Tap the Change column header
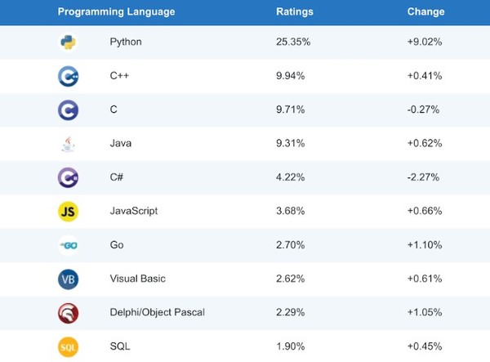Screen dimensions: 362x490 pyautogui.click(x=425, y=12)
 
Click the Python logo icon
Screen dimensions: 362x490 pyautogui.click(x=68, y=42)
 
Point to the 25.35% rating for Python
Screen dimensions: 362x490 pyautogui.click(x=293, y=42)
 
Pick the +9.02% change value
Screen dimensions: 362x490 pyautogui.click(x=425, y=42)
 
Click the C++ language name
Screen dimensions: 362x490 pyautogui.click(x=119, y=76)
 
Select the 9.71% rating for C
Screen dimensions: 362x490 pyautogui.click(x=291, y=109)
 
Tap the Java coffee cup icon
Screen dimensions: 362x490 pyautogui.click(x=68, y=144)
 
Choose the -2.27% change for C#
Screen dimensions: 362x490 pyautogui.click(x=425, y=177)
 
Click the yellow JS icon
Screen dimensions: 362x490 pyautogui.click(x=68, y=212)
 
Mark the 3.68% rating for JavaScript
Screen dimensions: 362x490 pyautogui.click(x=291, y=211)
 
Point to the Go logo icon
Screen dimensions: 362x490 pyautogui.click(x=68, y=245)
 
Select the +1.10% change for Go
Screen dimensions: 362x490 pyautogui.click(x=425, y=245)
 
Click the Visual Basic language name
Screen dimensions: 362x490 pyautogui.click(x=137, y=279)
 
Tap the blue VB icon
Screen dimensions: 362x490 pyautogui.click(x=68, y=279)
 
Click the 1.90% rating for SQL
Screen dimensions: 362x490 pyautogui.click(x=291, y=346)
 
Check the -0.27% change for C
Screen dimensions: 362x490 pyautogui.click(x=425, y=109)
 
